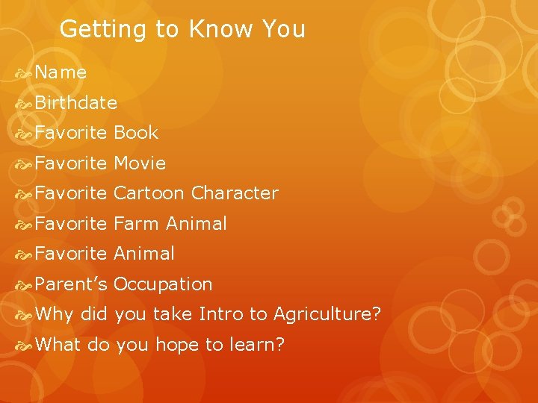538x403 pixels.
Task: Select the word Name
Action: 61,72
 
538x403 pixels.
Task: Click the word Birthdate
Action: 75,102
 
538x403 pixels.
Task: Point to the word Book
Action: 136,133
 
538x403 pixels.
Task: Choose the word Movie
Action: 140,163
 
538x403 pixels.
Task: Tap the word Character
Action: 235,193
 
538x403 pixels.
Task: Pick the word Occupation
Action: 163,284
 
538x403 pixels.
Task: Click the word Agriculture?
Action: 327,314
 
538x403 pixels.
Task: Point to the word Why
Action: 54,314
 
